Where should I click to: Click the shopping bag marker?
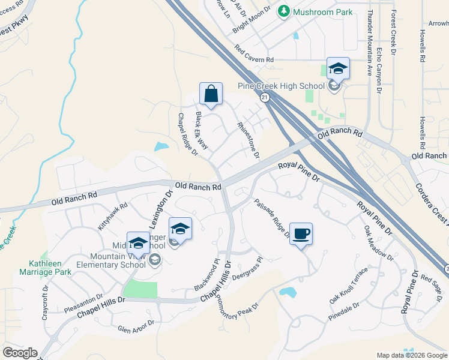(211, 94)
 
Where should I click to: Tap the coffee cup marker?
(301, 232)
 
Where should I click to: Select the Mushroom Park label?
(307, 11)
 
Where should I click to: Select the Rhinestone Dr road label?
(248, 140)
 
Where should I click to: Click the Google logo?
(20, 353)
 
